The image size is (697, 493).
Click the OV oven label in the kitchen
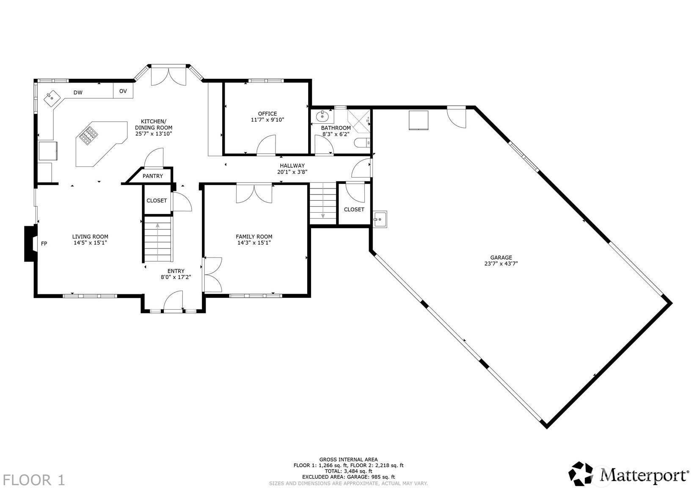(123, 91)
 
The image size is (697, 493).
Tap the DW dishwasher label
(78, 92)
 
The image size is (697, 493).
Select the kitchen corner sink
(52, 98)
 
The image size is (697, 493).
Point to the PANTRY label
(152, 176)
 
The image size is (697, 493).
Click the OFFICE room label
(267, 114)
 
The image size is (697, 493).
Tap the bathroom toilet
(362, 143)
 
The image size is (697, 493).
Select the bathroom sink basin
(322, 117)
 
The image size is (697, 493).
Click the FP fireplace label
(44, 244)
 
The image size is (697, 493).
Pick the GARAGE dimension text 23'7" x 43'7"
(501, 263)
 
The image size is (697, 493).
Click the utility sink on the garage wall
(379, 219)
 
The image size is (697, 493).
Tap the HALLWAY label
(292, 166)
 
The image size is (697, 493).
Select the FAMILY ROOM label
(254, 237)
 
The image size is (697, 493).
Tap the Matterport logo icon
(581, 474)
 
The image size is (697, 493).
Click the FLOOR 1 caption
(34, 480)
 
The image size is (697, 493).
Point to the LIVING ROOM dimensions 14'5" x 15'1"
(90, 243)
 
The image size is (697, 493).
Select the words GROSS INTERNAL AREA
(349, 460)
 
